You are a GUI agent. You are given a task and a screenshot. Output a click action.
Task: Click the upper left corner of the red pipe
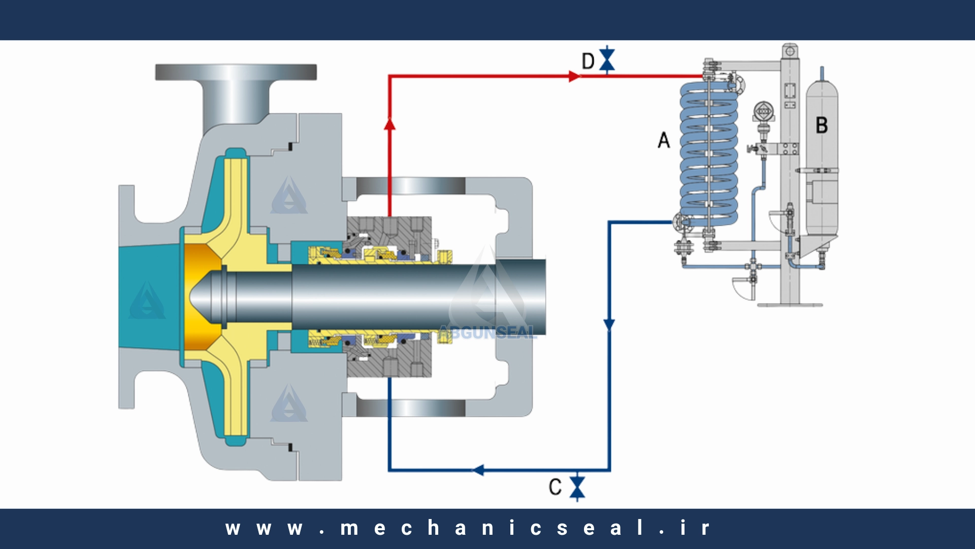(x=389, y=76)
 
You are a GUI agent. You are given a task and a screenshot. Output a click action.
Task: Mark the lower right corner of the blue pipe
(x=609, y=470)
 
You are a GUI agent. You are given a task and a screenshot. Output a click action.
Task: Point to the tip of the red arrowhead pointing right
(x=581, y=76)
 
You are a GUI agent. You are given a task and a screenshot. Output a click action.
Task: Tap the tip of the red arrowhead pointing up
(x=389, y=117)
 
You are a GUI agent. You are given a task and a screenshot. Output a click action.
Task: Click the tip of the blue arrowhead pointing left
(x=472, y=470)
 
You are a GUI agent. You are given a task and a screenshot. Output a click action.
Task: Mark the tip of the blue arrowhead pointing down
(x=609, y=331)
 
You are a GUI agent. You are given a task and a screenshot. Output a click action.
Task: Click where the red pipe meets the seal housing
(x=389, y=217)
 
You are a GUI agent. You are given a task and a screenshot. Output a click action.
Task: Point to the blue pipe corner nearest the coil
(x=609, y=222)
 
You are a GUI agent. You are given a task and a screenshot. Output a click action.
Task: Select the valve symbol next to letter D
(x=607, y=60)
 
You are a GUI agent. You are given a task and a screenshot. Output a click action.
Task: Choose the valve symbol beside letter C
(x=577, y=486)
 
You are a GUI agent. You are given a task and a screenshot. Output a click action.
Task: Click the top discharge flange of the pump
(x=236, y=72)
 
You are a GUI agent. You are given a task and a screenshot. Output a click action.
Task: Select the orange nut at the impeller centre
(x=203, y=297)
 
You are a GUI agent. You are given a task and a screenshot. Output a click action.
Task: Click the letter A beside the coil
(x=664, y=140)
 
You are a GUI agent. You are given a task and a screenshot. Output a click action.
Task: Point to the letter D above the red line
(x=588, y=61)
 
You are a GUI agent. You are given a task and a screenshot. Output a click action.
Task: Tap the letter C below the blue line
(x=555, y=487)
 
